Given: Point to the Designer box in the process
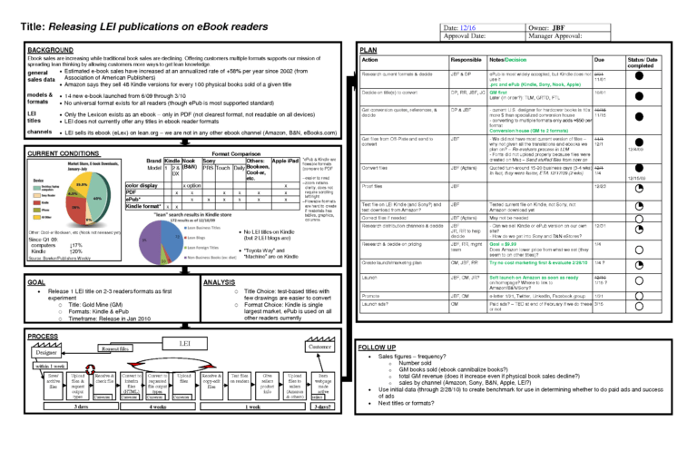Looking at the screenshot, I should [35, 353].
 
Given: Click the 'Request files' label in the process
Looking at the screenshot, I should [114, 348].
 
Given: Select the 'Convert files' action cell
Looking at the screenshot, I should [380, 168].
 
